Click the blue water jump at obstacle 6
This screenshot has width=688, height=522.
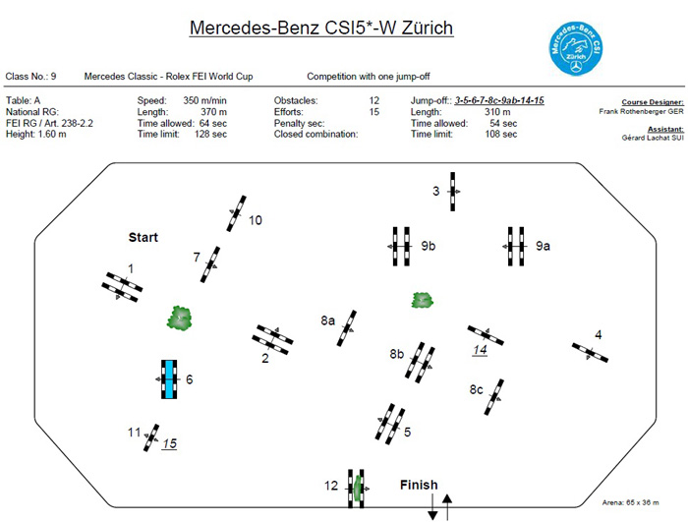click(x=169, y=379)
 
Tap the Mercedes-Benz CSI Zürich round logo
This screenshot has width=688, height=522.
click(x=576, y=48)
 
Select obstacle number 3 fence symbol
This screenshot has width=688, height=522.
click(x=453, y=192)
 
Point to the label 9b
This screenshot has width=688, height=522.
click(x=429, y=246)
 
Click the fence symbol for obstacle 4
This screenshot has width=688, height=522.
click(x=590, y=353)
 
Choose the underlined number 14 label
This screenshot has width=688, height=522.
click(x=480, y=350)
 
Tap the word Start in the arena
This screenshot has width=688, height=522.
click(x=143, y=238)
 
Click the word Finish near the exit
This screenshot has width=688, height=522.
click(x=419, y=485)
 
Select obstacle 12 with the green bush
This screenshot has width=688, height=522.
click(x=356, y=489)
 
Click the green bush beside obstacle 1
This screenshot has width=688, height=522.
click(x=180, y=319)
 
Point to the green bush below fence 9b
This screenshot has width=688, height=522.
click(x=422, y=300)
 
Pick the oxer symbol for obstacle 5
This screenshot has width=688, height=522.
click(x=390, y=424)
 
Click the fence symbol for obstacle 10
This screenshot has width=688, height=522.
click(x=236, y=213)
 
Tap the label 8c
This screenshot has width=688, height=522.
click(x=476, y=389)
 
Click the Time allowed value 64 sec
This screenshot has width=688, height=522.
click(x=213, y=123)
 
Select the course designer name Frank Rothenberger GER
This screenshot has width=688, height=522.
click(x=641, y=111)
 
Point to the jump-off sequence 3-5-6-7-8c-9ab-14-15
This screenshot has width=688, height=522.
click(x=499, y=100)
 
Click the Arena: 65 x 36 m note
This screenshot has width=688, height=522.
click(x=630, y=502)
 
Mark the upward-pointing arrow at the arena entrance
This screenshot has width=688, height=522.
click(x=447, y=507)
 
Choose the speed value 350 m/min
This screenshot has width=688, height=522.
click(x=204, y=100)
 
